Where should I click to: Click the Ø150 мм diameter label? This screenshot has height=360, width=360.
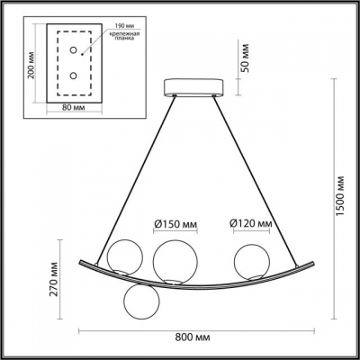point(173,223)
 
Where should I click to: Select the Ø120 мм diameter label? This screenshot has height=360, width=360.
point(251,223)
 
